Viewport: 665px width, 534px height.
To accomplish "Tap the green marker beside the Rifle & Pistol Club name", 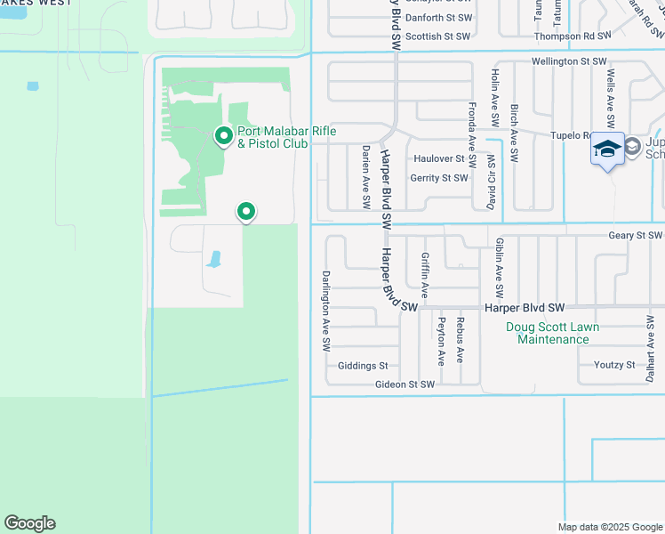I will coord(224,136).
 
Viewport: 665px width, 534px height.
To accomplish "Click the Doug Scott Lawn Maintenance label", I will coord(553,333).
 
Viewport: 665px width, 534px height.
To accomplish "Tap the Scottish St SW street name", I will coord(437,36).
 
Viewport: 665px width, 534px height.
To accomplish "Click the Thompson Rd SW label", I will coord(573,36).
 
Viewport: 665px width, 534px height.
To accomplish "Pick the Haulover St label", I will coord(439,159).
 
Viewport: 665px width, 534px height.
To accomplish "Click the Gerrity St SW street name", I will coord(438,178).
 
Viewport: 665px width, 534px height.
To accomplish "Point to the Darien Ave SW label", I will coord(365,178).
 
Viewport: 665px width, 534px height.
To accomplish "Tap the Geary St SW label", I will coord(636,236).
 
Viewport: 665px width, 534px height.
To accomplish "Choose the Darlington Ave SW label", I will coord(326,309).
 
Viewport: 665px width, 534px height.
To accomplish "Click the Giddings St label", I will coord(363,366).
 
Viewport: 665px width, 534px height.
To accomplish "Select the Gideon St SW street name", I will coord(404,384).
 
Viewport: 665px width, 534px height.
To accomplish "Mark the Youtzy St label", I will coord(614,365).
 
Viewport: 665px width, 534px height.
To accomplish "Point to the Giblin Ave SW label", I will coord(500,267).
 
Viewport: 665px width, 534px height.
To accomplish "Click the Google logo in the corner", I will coord(29,523).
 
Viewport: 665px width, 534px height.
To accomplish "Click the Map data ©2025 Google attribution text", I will coord(609,526).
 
